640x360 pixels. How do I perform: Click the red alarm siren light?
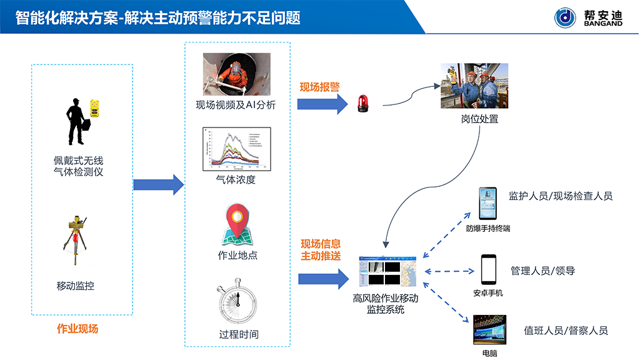click(362, 104)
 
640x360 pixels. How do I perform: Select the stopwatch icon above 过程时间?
click(237, 304)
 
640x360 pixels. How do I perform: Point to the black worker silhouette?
click(78, 122)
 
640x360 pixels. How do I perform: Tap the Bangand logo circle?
click(566, 17)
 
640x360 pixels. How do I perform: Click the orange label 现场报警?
click(319, 87)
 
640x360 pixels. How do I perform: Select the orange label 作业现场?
click(77, 329)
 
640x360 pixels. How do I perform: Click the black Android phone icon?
click(488, 269)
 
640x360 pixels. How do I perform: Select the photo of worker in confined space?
click(236, 74)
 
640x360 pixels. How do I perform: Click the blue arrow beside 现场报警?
click(322, 104)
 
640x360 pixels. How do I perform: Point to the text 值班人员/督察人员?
click(566, 331)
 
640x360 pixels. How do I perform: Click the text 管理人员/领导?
click(543, 271)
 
